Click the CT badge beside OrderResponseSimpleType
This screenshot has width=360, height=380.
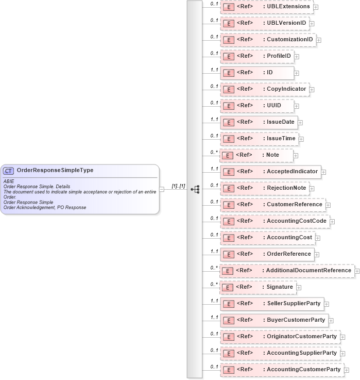click(x=9, y=170)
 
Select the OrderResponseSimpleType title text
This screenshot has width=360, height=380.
click(x=55, y=170)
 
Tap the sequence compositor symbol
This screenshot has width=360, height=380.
click(x=195, y=189)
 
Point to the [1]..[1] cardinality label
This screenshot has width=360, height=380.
click(x=178, y=186)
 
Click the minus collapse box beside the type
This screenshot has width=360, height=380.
click(x=162, y=189)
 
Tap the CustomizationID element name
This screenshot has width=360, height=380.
click(x=289, y=40)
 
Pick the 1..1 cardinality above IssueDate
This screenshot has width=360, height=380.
click(x=214, y=119)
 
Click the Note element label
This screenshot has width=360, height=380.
click(x=272, y=155)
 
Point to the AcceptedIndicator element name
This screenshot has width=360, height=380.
click(x=292, y=172)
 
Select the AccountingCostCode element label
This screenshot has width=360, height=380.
click(x=297, y=221)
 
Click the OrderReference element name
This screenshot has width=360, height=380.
click(x=288, y=254)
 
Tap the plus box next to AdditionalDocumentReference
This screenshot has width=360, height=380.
click(x=356, y=271)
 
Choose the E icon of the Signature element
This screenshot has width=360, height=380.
click(x=228, y=287)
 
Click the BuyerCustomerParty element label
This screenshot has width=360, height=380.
click(x=296, y=320)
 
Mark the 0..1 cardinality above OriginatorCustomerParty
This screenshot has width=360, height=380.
click(x=214, y=334)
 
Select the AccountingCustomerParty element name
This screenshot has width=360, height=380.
click(x=303, y=370)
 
